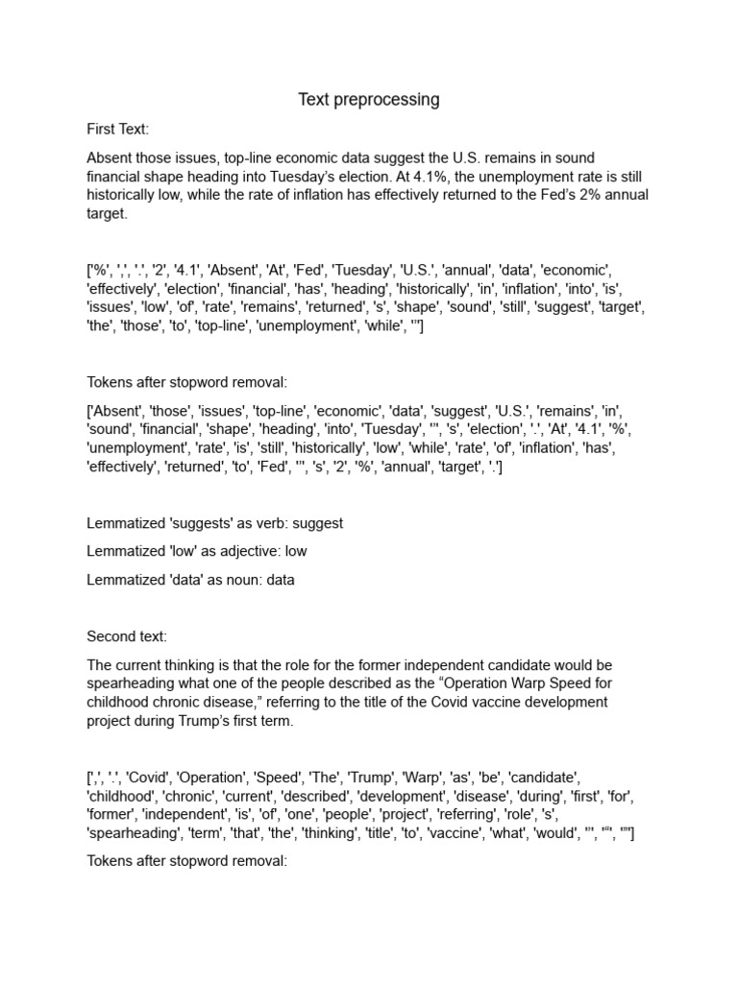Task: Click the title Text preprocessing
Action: point(368,99)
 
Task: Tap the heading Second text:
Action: point(127,635)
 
